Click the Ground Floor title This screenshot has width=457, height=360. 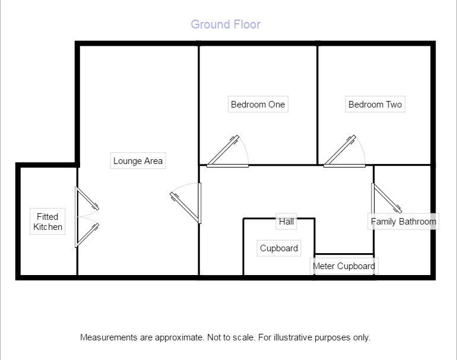pyautogui.click(x=226, y=24)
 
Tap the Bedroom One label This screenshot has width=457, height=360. pyautogui.click(x=258, y=105)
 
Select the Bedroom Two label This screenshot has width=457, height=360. pyautogui.click(x=375, y=105)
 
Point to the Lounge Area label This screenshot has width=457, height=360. pyautogui.click(x=138, y=161)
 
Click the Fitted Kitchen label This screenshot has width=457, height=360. pyautogui.click(x=47, y=222)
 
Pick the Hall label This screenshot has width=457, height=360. pyautogui.click(x=286, y=222)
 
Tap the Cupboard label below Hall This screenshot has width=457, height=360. pyautogui.click(x=279, y=248)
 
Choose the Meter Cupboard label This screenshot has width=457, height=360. pyautogui.click(x=344, y=266)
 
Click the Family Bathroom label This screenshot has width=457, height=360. pyautogui.click(x=404, y=222)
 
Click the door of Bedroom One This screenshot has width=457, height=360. pyautogui.click(x=226, y=152)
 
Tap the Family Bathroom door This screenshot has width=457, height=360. pyautogui.click(x=386, y=198)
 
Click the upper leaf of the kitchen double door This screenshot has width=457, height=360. pyautogui.click(x=86, y=200)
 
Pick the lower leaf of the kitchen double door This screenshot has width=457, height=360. pyautogui.click(x=86, y=233)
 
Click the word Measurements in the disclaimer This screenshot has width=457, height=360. pyautogui.click(x=109, y=337)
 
